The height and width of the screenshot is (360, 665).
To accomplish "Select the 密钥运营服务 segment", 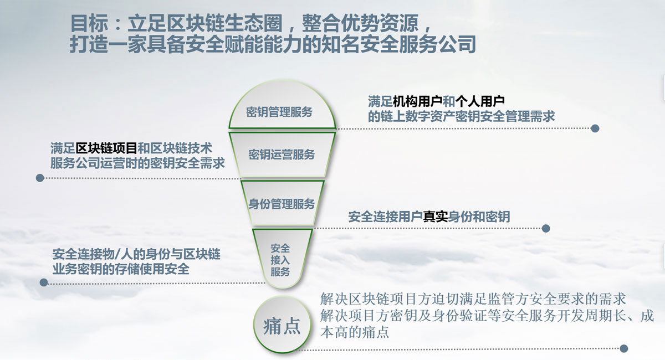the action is pos(282,155).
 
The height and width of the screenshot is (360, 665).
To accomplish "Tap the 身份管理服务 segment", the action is pos(282,203).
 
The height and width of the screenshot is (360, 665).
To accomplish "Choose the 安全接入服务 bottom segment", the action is pos(282,258).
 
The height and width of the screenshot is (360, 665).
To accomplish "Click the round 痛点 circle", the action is pos(282,325).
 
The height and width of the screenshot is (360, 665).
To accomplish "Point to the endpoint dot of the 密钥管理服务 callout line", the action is pos(595,128).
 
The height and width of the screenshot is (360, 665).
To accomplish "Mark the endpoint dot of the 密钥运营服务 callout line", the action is pos(40,178).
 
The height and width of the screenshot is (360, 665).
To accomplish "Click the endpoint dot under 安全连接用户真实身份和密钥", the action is pos(546,228).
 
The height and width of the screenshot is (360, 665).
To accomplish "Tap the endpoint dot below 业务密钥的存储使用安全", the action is pos(44,282).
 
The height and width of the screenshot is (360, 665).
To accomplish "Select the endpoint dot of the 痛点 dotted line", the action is pos(624,348).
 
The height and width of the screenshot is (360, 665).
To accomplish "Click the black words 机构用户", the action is pos(417,102).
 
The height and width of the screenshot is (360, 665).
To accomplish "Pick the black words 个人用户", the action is pos(480,102).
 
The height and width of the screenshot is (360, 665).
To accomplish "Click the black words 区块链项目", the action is pos(106,148).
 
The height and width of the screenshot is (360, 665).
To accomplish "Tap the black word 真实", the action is pos(435,217).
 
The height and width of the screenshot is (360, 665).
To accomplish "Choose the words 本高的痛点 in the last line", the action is pos(355,332).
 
